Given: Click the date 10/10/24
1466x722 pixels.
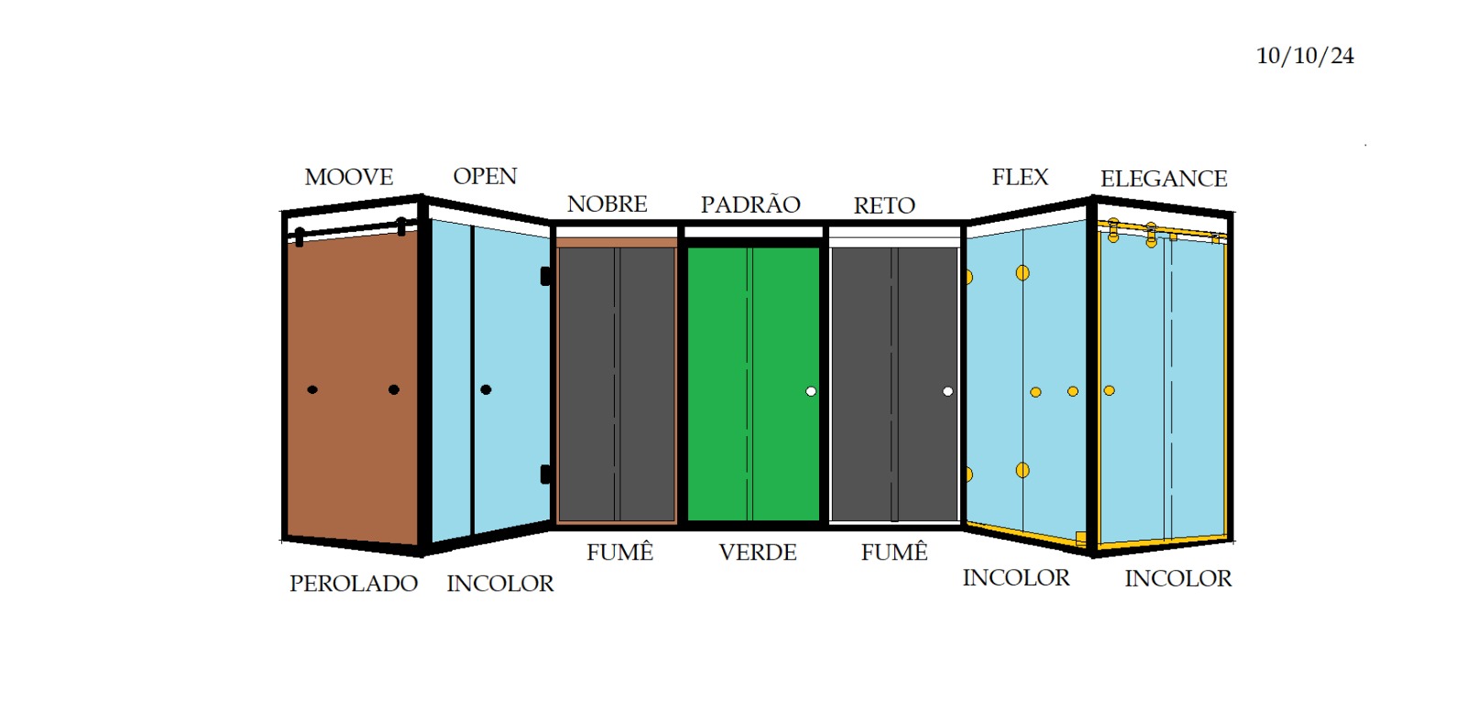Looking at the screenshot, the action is [x=1305, y=56].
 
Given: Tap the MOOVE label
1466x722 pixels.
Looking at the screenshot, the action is [x=349, y=177].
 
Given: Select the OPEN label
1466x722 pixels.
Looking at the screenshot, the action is [x=485, y=176].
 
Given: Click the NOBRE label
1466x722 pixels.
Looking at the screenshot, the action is [x=607, y=204].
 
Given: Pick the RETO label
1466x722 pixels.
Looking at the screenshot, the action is [x=884, y=205].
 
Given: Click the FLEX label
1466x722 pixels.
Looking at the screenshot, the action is [x=1021, y=177].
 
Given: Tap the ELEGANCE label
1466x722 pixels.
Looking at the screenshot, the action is [x=1164, y=179].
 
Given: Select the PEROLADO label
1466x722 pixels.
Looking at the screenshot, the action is [x=354, y=584].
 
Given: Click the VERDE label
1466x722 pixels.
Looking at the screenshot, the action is [x=758, y=552].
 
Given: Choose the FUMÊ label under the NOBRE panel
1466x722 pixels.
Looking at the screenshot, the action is [x=619, y=552].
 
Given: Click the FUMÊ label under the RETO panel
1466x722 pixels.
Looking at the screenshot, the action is [x=894, y=552].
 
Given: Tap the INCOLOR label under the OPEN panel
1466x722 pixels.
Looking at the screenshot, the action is [x=500, y=584].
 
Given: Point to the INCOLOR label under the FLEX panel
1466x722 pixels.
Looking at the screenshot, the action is [x=1016, y=578].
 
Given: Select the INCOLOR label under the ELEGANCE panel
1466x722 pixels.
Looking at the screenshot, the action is [x=1178, y=579].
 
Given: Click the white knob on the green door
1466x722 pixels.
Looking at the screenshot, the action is [x=811, y=391].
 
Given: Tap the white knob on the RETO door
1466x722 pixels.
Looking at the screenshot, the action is [x=947, y=391].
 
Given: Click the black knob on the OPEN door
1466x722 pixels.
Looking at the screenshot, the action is [x=486, y=389].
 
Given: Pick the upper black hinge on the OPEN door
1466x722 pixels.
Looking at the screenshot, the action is [x=545, y=276].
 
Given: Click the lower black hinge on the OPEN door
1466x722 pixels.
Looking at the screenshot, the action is [x=545, y=474].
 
